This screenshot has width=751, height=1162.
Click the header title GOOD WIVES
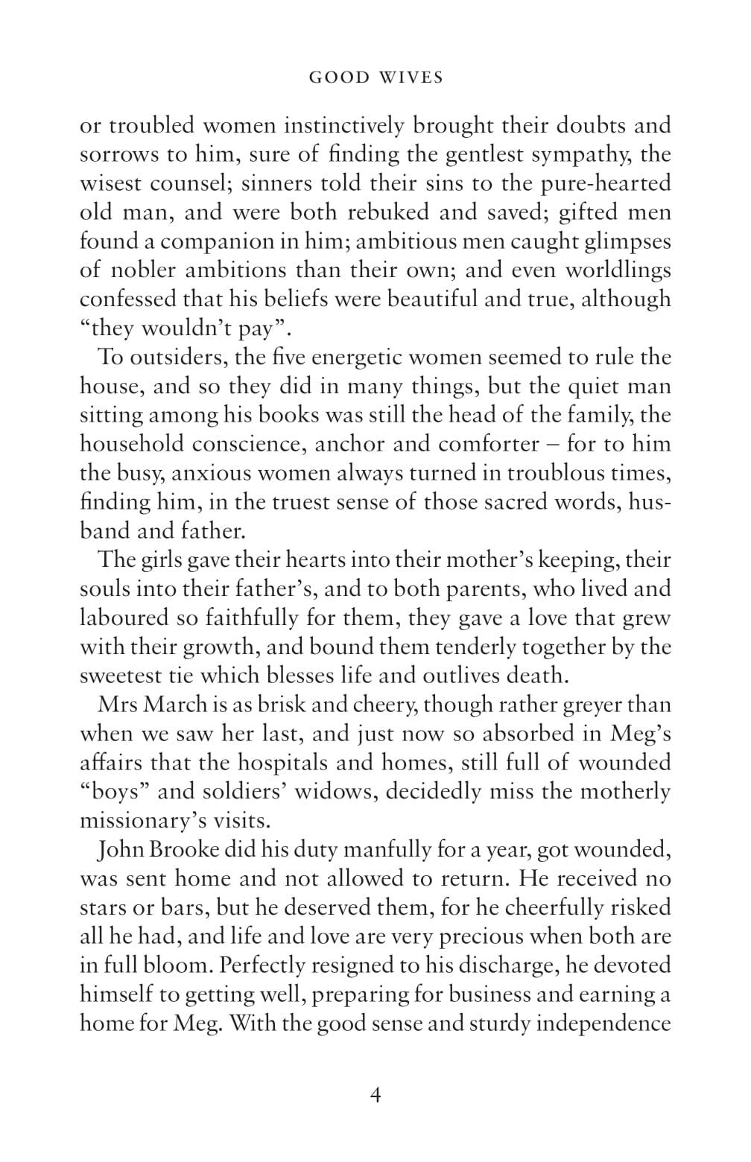click(375, 77)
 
